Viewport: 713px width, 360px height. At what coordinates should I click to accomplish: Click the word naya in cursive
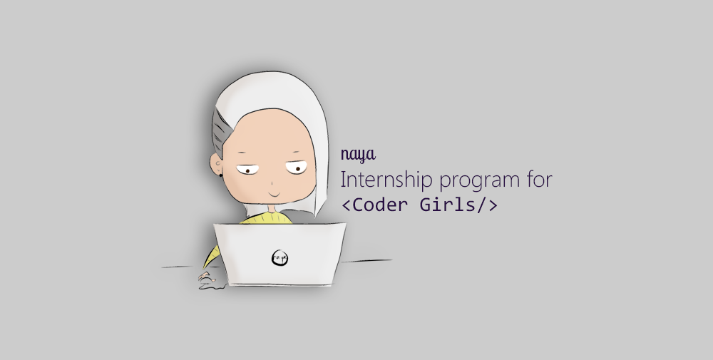coord(359,155)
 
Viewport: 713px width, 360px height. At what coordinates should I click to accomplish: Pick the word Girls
coord(448,205)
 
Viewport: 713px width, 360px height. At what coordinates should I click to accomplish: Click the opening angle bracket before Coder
coord(346,205)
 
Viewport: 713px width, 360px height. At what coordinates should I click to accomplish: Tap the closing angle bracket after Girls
coord(493,205)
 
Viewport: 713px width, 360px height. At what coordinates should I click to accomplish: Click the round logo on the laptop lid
coord(279,258)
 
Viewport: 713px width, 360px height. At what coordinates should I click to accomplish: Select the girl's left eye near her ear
coord(247,170)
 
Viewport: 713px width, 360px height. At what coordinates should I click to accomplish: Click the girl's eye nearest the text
coord(297,168)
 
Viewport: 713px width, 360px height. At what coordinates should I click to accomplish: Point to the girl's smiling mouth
coord(275,194)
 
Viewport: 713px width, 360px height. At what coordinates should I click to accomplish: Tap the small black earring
coord(221,174)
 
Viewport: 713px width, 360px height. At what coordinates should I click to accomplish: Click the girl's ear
coord(216,164)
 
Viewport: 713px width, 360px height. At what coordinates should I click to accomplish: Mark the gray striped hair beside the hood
coord(221,132)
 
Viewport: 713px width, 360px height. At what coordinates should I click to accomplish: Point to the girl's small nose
coord(272,184)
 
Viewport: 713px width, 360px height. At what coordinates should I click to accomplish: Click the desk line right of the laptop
coord(366,261)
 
